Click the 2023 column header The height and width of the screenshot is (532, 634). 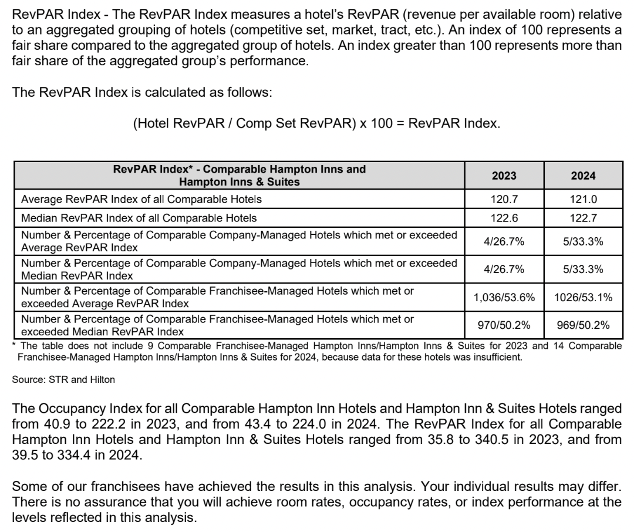(x=504, y=176)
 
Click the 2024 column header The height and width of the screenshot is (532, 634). (x=583, y=176)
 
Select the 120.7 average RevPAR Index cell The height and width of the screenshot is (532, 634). (x=504, y=200)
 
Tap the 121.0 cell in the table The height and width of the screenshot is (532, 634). (x=583, y=200)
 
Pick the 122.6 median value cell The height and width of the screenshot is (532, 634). (x=504, y=218)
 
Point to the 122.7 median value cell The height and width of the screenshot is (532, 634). (x=583, y=218)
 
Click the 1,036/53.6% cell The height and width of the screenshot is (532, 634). (x=504, y=298)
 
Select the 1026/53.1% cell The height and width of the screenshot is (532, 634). (x=583, y=298)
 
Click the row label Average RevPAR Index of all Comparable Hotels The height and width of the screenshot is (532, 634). (x=141, y=200)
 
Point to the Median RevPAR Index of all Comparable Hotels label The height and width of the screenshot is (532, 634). (x=139, y=218)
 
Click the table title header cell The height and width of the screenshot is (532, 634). (x=240, y=176)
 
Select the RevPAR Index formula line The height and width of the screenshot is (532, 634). (x=316, y=124)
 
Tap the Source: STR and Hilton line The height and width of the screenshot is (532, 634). (x=63, y=379)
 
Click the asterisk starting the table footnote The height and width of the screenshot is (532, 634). (x=15, y=344)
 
